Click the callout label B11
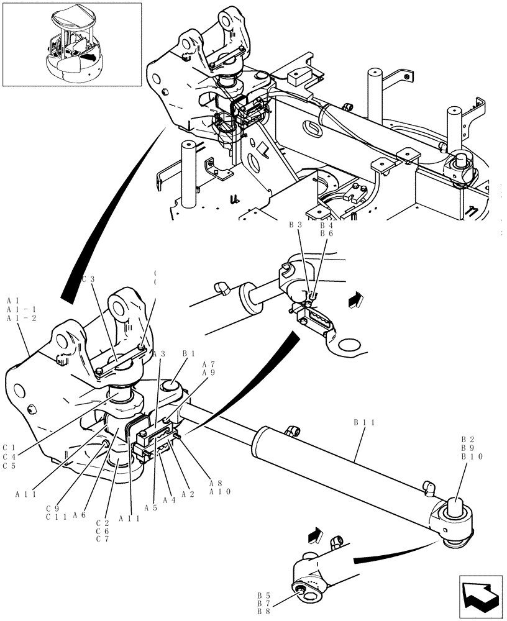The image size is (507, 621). (363, 422)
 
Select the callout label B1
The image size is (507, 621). (189, 353)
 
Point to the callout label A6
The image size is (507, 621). (78, 515)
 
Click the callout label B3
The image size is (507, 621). (296, 225)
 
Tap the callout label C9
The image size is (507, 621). (52, 507)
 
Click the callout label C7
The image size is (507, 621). (103, 538)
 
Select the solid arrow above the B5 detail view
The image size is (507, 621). (315, 533)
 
